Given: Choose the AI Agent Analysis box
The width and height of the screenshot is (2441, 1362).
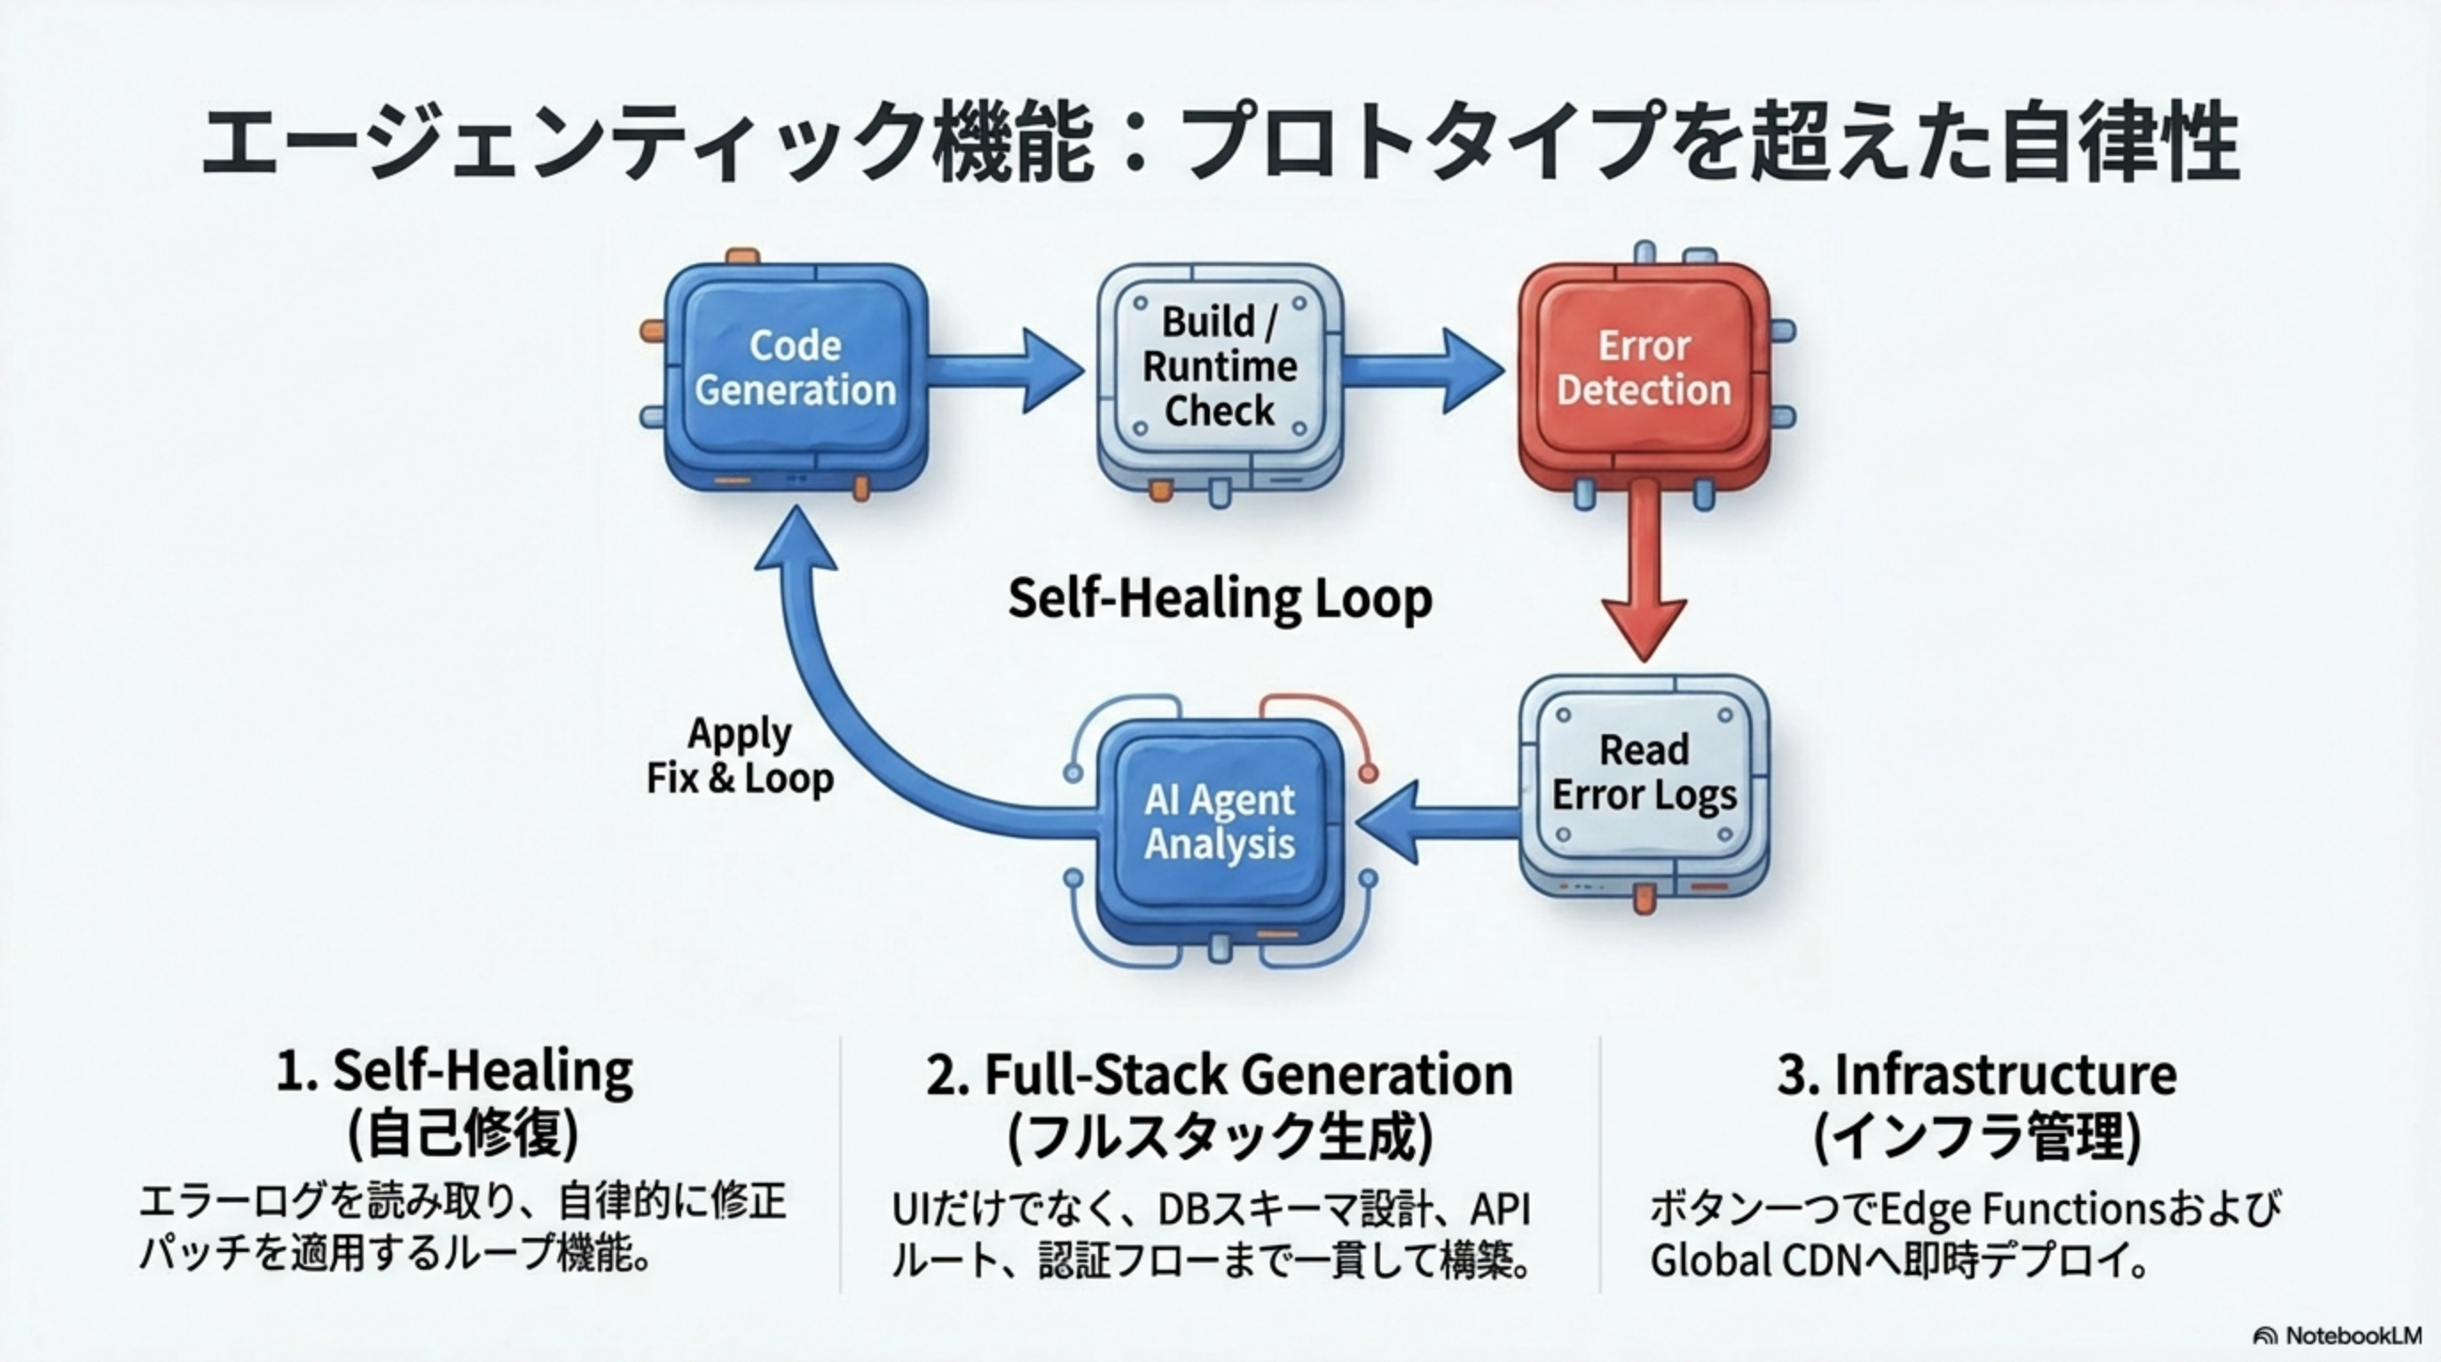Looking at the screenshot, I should click(1220, 822).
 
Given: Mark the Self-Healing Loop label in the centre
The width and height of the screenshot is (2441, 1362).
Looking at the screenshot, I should click(1220, 599).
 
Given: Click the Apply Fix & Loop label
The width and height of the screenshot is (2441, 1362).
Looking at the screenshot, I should click(740, 755).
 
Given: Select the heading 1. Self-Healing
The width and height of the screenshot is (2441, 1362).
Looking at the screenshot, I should click(455, 1071).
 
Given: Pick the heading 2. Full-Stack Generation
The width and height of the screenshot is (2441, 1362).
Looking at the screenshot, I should click(1220, 1074).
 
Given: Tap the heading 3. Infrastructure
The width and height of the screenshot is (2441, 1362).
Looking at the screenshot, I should click(1978, 1074).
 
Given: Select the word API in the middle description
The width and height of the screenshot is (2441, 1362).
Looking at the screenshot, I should click(1500, 1209).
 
